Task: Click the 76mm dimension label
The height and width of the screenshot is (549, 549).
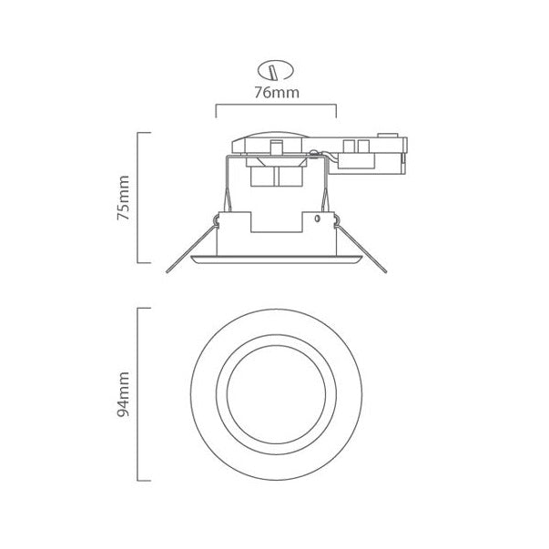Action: (275, 93)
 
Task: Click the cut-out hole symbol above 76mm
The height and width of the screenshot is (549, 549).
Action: (274, 69)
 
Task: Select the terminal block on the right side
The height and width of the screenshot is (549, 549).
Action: (375, 153)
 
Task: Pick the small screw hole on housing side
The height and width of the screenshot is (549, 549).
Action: (317, 219)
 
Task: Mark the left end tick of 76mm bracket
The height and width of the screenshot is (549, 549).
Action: (215, 111)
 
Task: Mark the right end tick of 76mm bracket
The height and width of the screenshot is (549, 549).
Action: (336, 111)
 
